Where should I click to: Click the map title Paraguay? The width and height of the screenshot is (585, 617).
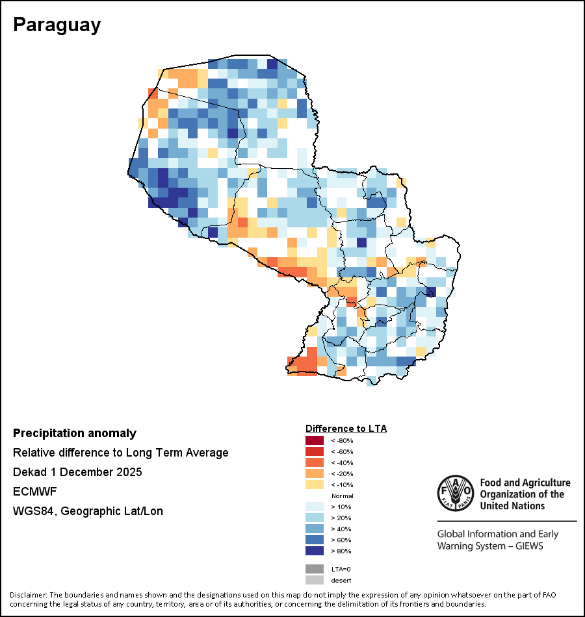pos(57,25)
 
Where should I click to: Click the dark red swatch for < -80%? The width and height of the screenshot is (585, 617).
pos(314,440)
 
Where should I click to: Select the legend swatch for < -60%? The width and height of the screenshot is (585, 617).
pos(314,451)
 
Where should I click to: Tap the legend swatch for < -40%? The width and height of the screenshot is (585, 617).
pos(314,462)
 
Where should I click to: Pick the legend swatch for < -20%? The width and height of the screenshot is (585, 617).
pos(314,473)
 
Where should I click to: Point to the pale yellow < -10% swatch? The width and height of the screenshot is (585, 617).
pos(314,485)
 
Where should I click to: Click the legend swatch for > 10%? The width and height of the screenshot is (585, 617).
pos(314,507)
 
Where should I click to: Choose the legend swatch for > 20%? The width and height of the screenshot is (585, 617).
pos(314,518)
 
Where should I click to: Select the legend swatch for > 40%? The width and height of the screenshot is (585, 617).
pos(314,529)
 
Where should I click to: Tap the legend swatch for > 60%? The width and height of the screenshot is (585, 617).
pos(314,540)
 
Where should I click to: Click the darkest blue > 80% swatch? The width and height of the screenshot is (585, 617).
pos(314,551)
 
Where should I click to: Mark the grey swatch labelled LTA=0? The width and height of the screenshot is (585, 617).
pos(314,569)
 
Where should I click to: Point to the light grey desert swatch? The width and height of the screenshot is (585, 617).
pos(314,580)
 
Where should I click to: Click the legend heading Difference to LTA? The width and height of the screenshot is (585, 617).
pos(346,429)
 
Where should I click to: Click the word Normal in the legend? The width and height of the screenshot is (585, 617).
pos(342,496)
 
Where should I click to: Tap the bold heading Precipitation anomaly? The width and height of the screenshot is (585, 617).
pos(75,433)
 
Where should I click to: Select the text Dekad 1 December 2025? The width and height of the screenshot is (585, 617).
pos(77,472)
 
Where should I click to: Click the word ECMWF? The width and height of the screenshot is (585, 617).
pos(35,492)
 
